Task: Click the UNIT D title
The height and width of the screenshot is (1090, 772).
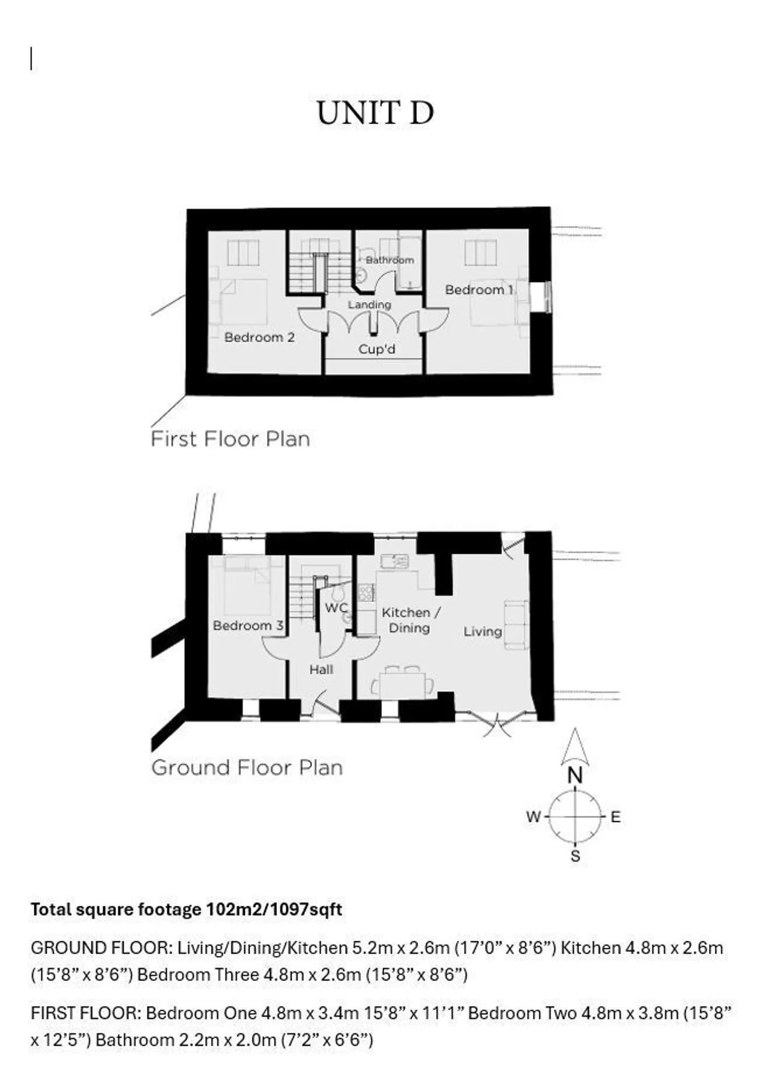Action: pos(375,113)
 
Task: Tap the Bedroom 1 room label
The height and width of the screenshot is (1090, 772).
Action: pos(479,289)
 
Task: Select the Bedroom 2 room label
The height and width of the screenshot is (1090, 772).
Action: pos(260,337)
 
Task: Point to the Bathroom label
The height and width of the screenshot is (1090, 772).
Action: pos(390,260)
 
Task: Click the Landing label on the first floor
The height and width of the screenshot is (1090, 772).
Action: pos(370,305)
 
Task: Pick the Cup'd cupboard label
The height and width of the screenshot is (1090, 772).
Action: pos(377,349)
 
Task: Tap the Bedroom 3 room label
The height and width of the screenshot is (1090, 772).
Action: pos(248,625)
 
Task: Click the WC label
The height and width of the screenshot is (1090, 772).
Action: pos(336,607)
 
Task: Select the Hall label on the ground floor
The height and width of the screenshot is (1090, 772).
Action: pos(321,669)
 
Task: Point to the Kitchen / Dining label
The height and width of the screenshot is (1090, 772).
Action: pos(411,620)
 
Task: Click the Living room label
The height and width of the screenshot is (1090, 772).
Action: pos(482,632)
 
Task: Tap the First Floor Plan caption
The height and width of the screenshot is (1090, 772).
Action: pos(230,439)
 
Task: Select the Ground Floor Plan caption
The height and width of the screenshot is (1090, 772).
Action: pos(247,767)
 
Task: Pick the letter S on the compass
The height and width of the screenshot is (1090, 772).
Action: pos(575,856)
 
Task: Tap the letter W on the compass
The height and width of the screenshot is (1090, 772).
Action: pos(533,817)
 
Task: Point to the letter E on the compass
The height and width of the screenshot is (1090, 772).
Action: pos(616,817)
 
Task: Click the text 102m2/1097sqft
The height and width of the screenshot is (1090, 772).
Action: pos(274,909)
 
